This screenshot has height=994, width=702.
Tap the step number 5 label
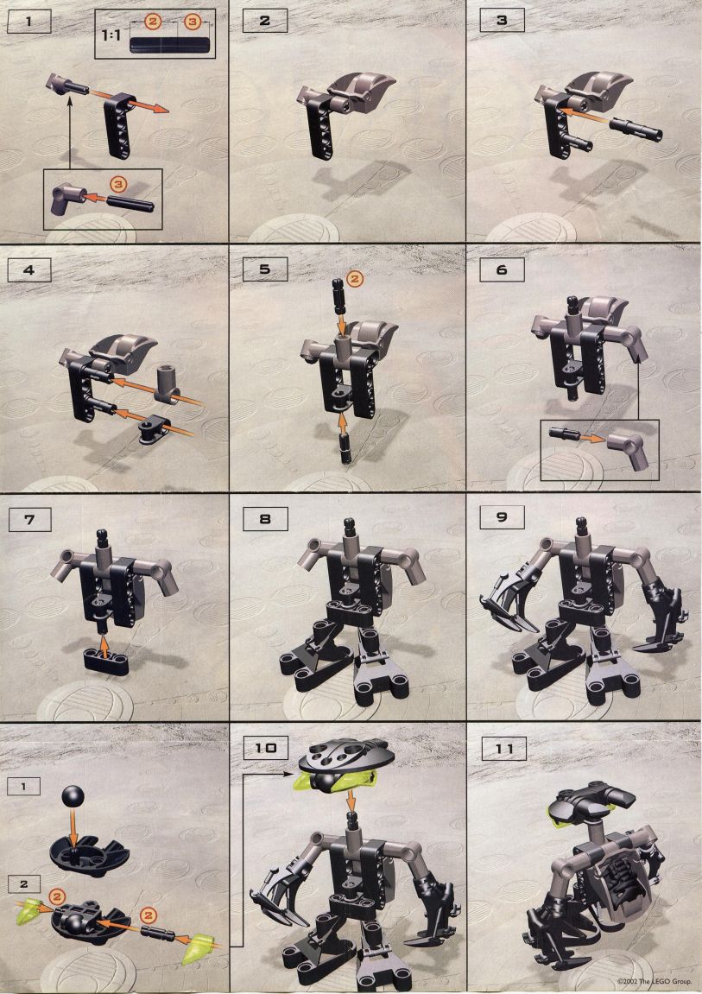pyautogui.click(x=265, y=269)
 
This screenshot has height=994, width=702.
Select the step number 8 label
pyautogui.click(x=265, y=519)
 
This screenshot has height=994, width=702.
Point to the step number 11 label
pyautogui.click(x=503, y=749)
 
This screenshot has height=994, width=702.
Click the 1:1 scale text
pyautogui.click(x=111, y=35)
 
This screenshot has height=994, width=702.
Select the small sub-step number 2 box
pyautogui.click(x=23, y=884)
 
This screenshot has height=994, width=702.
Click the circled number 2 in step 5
pyautogui.click(x=354, y=278)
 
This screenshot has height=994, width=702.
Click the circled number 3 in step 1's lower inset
pyautogui.click(x=117, y=185)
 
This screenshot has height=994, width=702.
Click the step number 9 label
pyautogui.click(x=502, y=518)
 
